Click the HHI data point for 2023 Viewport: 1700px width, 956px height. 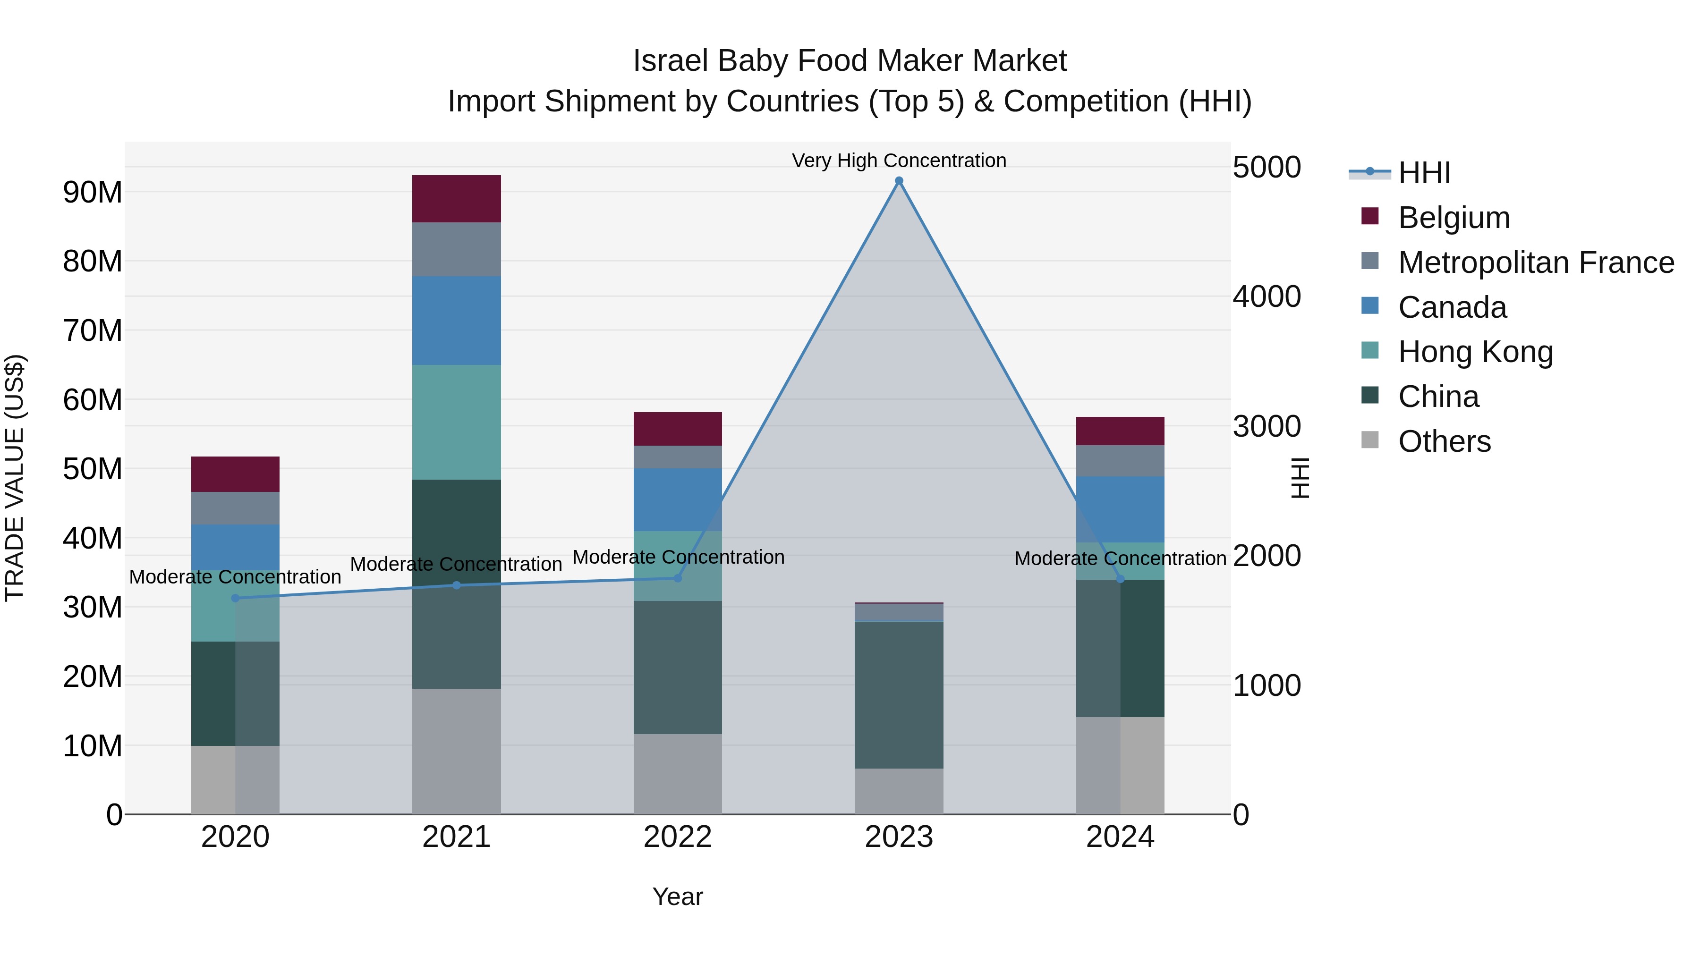coord(899,181)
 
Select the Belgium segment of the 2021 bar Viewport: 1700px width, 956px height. coord(456,199)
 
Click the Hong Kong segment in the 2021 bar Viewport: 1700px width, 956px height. coord(456,422)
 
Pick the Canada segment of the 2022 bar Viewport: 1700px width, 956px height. coord(677,499)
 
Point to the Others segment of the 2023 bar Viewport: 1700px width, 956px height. coord(899,791)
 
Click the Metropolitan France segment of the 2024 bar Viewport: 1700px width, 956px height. coord(1120,460)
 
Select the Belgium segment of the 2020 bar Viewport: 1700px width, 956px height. coord(236,474)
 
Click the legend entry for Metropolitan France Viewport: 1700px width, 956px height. coord(1536,262)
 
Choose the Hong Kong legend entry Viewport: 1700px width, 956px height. coord(1475,352)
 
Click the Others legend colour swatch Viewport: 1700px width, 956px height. coord(1370,440)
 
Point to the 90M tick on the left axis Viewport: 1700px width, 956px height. coord(93,193)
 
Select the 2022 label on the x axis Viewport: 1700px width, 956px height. coord(677,837)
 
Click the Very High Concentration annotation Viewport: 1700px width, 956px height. coord(899,161)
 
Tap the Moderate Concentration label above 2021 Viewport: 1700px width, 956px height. coord(456,564)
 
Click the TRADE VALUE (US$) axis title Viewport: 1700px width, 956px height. coord(15,478)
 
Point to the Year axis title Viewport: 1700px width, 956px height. coord(677,897)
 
